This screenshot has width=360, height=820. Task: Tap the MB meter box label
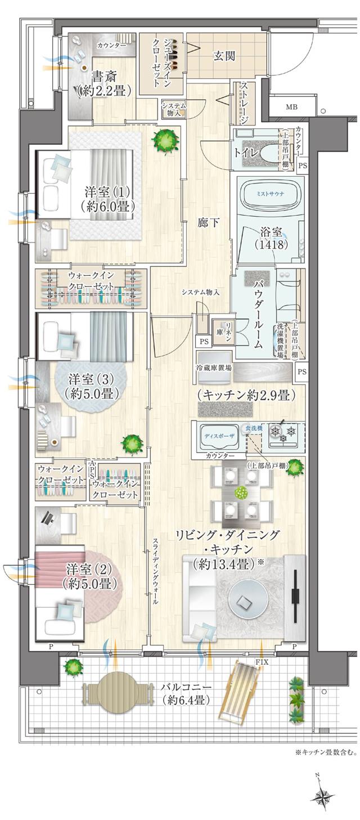click(291, 107)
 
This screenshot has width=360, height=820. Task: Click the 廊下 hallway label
click(206, 222)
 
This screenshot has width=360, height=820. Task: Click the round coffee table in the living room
click(245, 602)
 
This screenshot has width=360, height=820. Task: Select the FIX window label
click(262, 662)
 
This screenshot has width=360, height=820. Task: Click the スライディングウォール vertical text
click(155, 570)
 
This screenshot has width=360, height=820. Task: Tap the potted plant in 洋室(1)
click(167, 139)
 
